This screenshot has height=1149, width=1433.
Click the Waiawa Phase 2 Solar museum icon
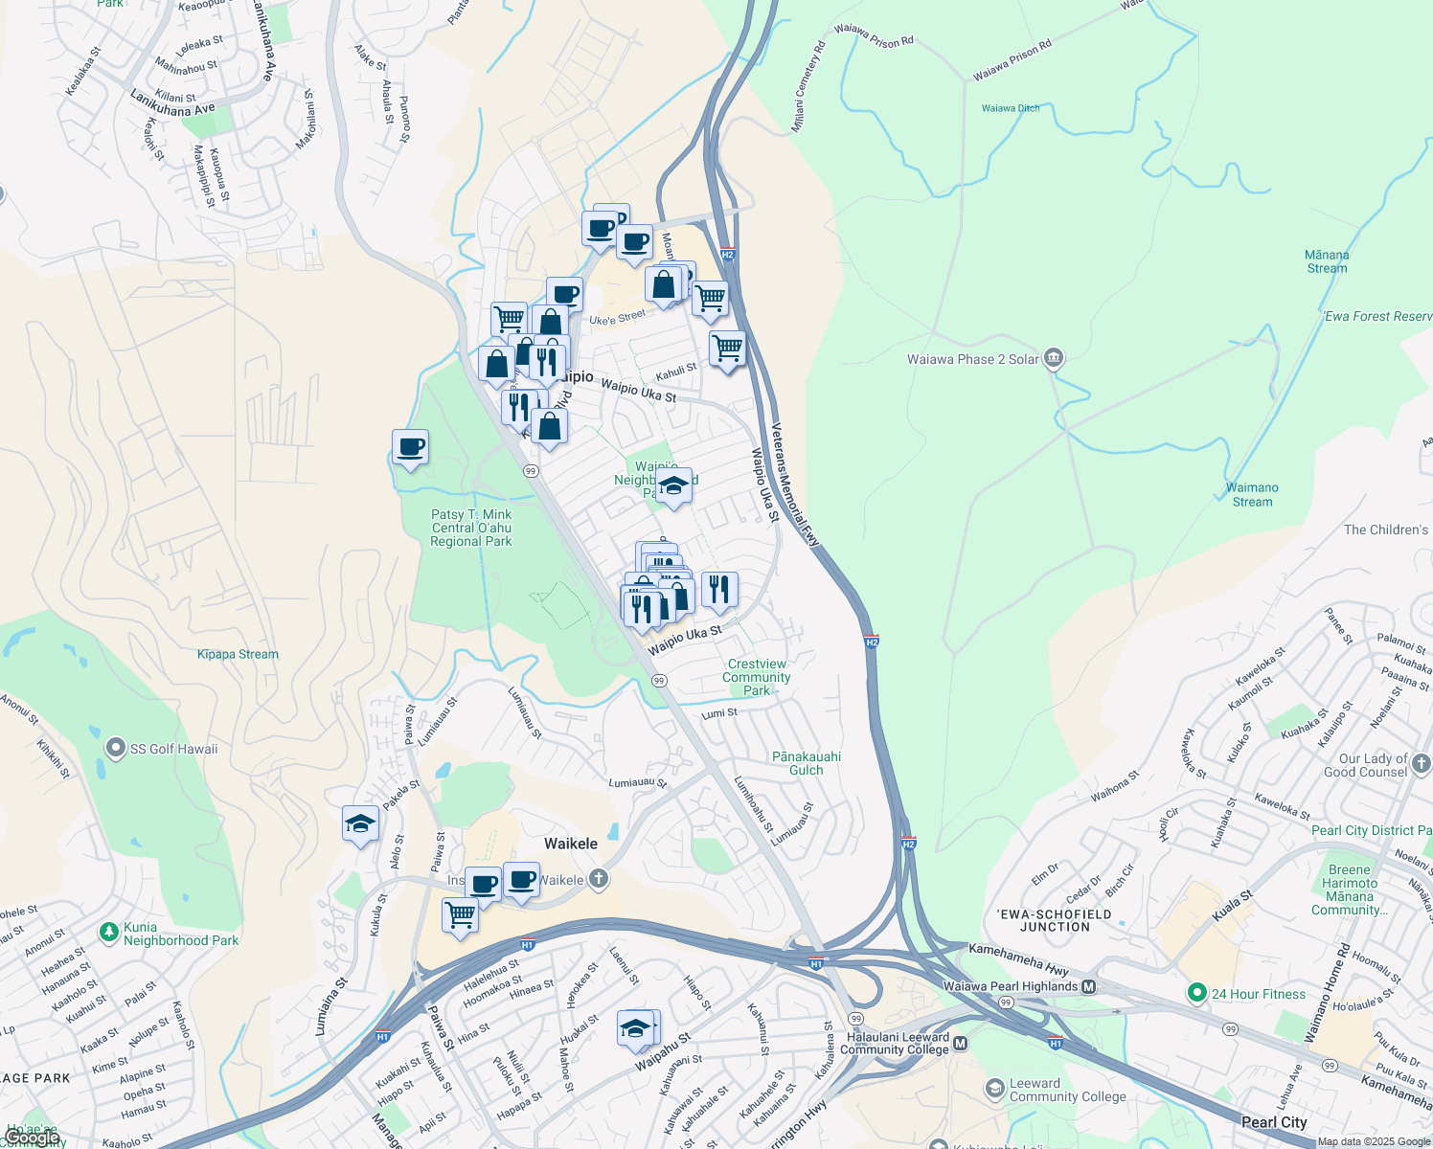[1053, 359]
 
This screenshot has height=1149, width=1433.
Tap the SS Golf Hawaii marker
[116, 748]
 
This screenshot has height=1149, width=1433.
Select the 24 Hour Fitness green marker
[1196, 994]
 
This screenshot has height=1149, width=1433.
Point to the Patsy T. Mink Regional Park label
[471, 528]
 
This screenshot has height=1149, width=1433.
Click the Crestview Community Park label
[757, 677]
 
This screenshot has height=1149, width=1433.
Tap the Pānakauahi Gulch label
[807, 763]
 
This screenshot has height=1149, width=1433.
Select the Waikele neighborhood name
[571, 844]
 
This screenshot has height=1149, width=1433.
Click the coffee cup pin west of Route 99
[410, 448]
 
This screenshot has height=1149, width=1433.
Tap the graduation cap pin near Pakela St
[360, 824]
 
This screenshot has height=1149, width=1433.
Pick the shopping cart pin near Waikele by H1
[460, 915]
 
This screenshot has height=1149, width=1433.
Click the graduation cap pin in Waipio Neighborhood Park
[674, 486]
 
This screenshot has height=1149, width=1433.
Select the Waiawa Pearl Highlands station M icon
[1088, 986]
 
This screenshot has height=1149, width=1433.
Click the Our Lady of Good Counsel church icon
[1421, 763]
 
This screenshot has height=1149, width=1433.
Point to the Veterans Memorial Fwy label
[796, 485]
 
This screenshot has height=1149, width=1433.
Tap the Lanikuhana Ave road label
[173, 103]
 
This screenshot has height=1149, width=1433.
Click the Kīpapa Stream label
[238, 654]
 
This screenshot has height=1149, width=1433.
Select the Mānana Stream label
[1327, 261]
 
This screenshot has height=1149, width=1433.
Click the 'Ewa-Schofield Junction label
[1055, 920]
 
